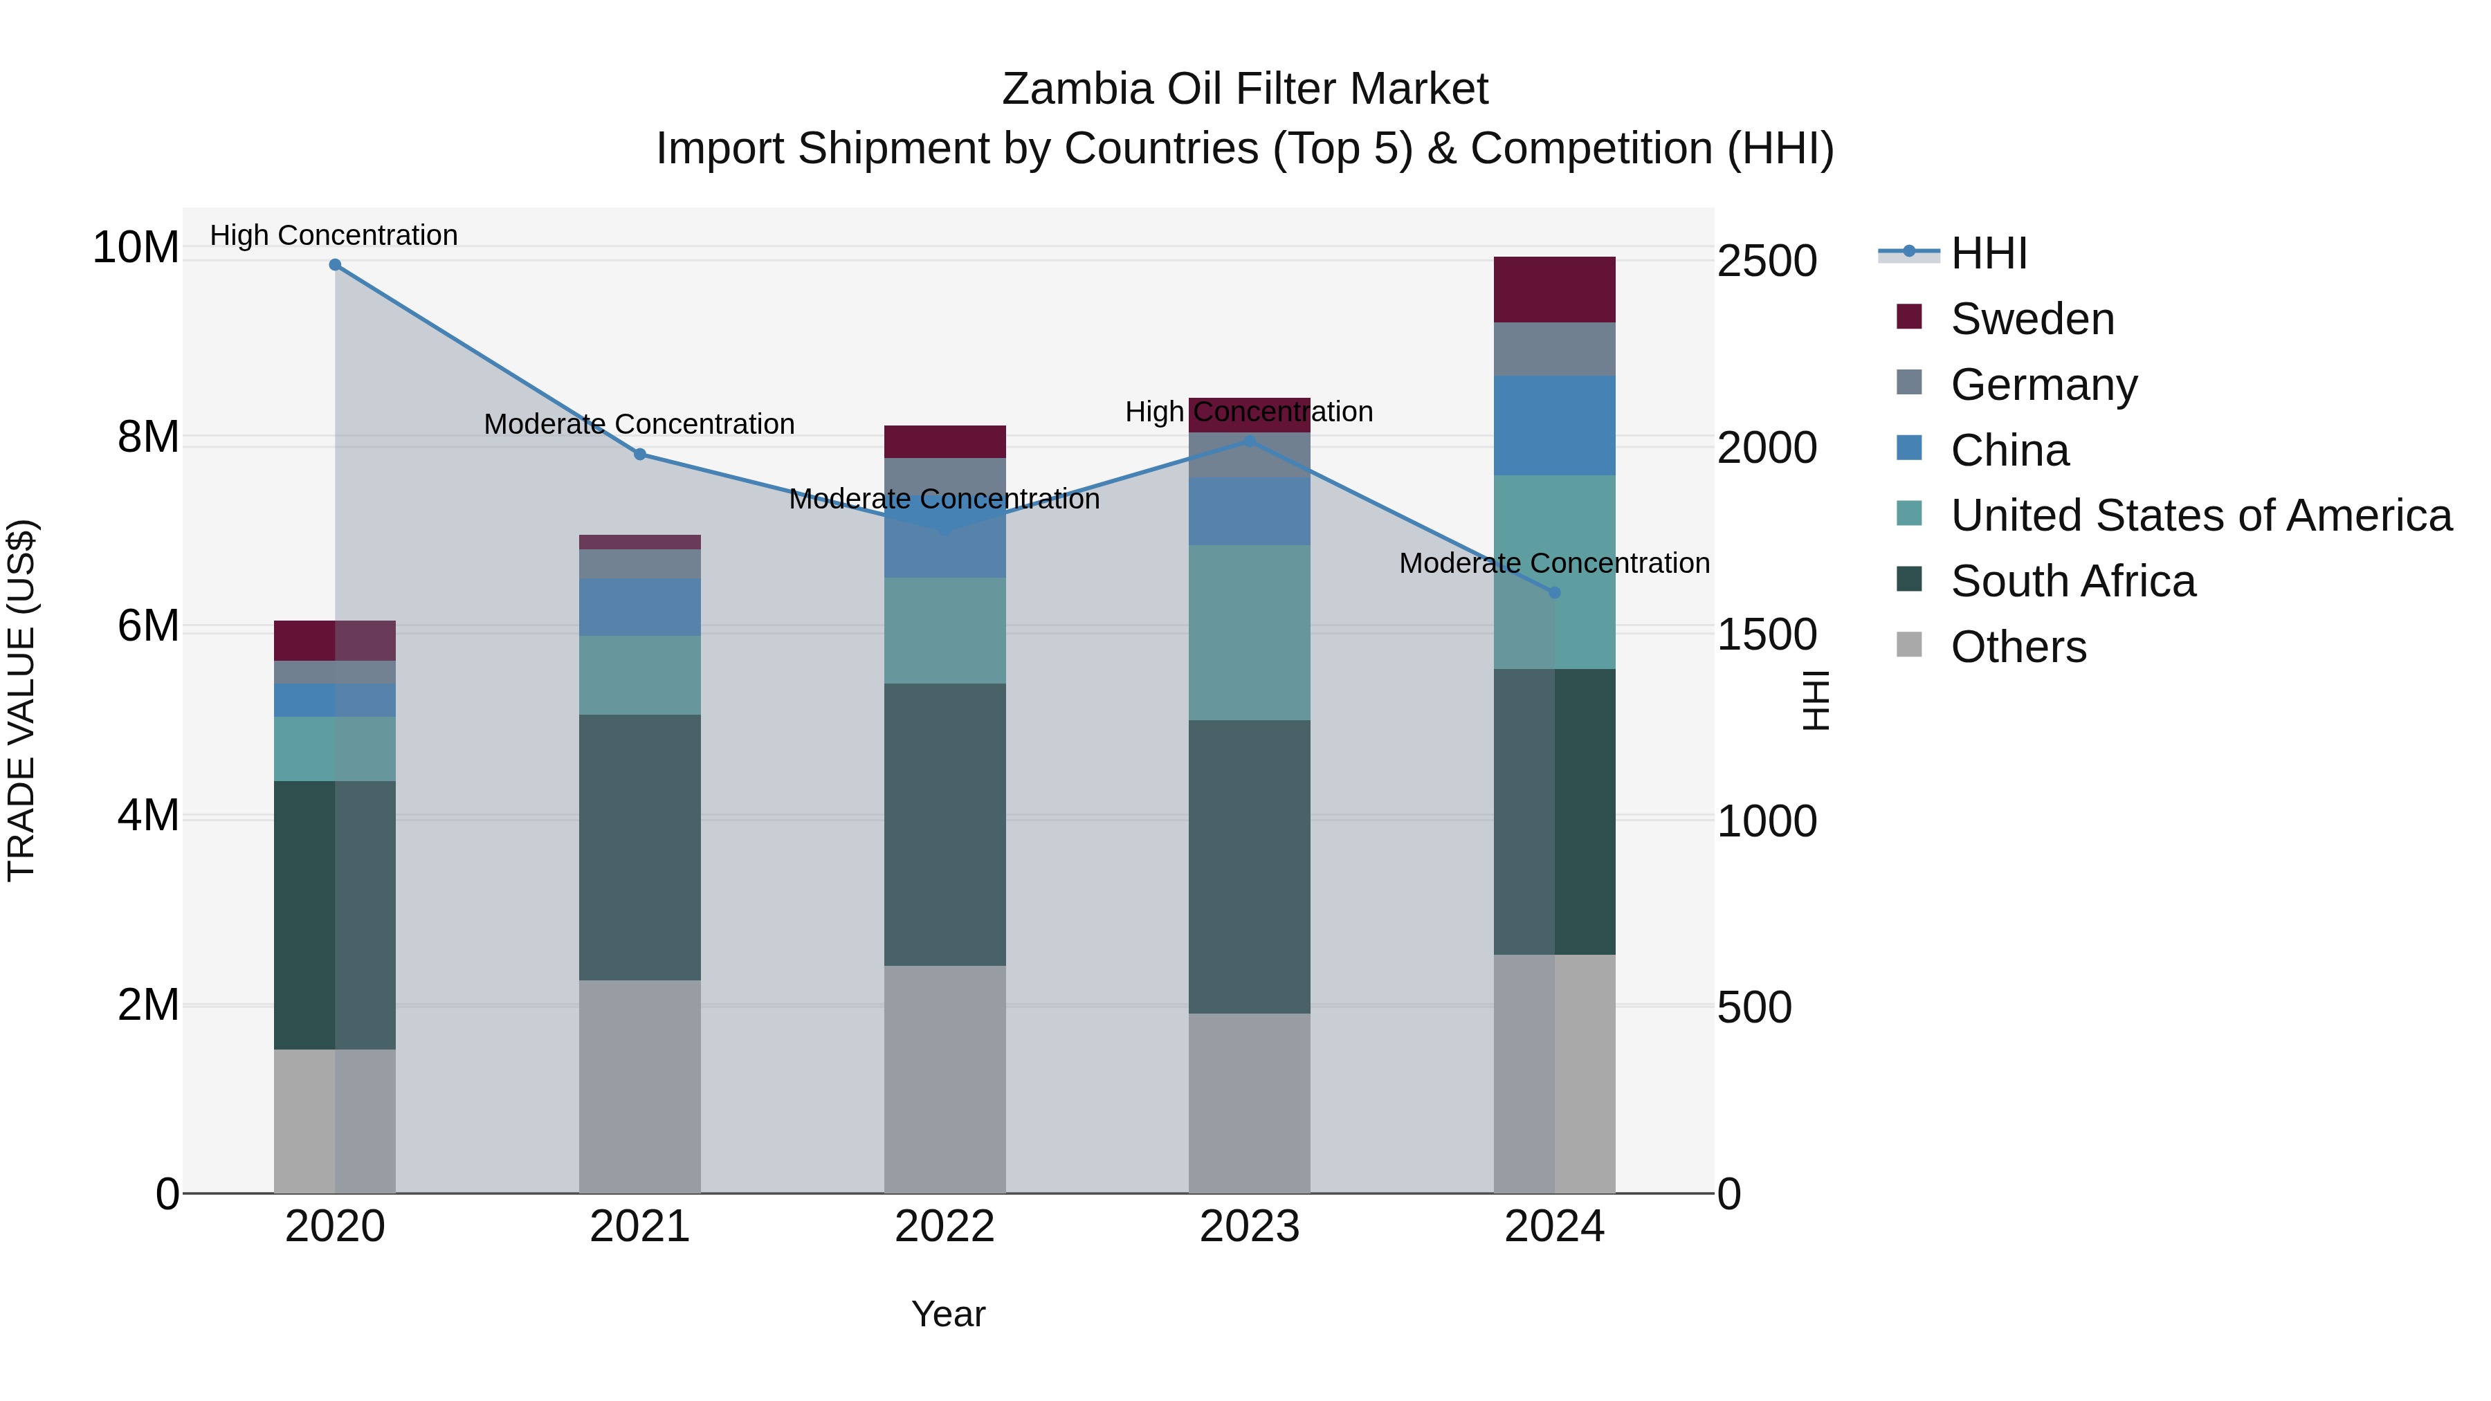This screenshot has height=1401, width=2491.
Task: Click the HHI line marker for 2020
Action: (335, 264)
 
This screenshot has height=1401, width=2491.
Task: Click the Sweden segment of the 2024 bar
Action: (1554, 289)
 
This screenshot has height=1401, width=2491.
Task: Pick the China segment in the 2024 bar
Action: (1554, 425)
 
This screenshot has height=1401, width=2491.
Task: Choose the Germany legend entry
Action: (2043, 385)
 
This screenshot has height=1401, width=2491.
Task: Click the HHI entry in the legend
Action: (1988, 253)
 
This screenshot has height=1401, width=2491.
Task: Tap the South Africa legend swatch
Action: (1909, 580)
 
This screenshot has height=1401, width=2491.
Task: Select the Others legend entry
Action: (2018, 647)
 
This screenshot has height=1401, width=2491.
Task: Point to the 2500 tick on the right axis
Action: (1767, 261)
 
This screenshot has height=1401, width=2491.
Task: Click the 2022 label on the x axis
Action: (944, 1227)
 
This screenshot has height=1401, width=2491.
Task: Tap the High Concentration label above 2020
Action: (334, 235)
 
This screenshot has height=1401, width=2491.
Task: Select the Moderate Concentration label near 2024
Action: (1554, 562)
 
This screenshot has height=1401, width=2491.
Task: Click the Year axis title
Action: (948, 1314)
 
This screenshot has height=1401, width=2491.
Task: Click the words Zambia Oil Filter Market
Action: (1245, 89)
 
